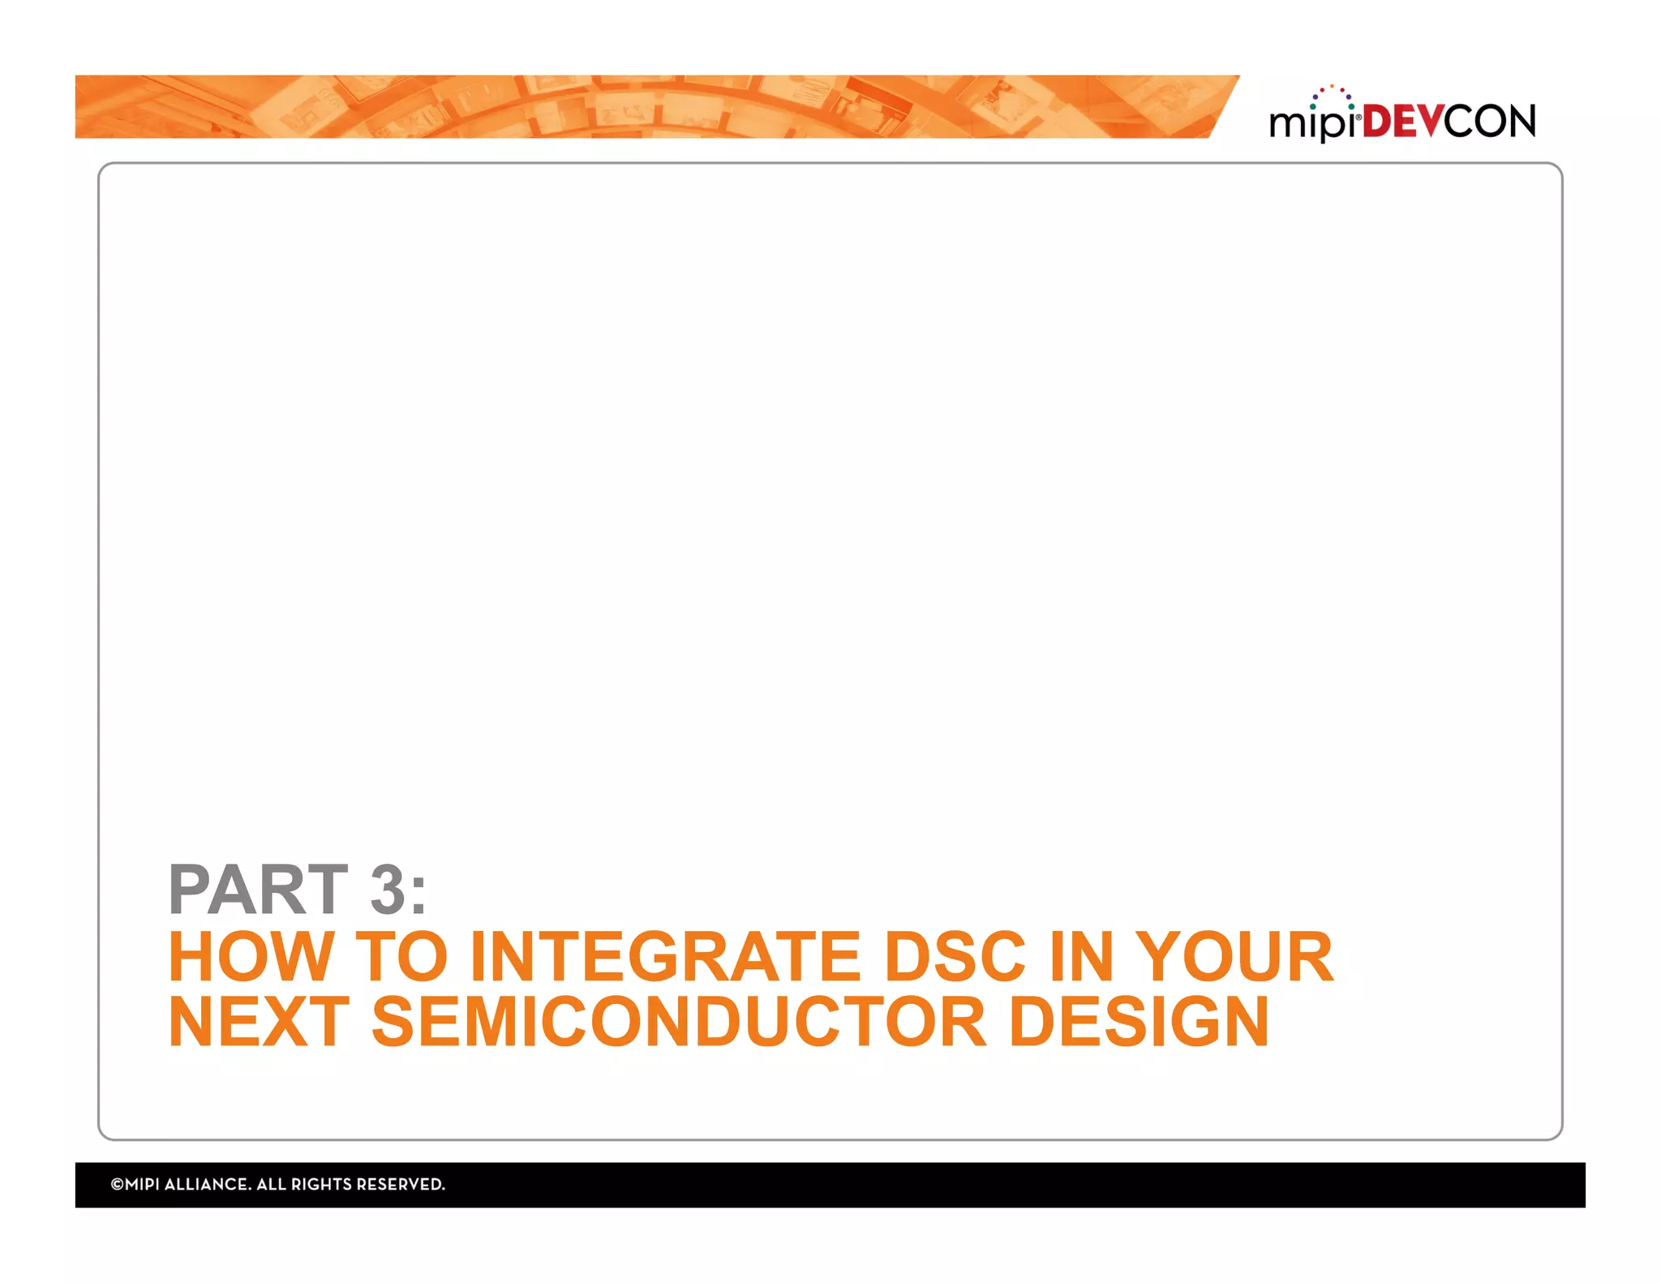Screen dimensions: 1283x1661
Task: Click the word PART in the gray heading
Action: (258, 890)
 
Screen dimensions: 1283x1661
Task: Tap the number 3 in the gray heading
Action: (387, 890)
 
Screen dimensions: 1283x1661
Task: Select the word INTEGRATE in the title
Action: (665, 957)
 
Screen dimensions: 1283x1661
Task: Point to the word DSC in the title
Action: (955, 957)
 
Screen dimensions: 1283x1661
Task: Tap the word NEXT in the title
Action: (258, 1023)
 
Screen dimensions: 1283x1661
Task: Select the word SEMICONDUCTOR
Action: (679, 1023)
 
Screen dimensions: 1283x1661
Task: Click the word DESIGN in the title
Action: (1139, 1023)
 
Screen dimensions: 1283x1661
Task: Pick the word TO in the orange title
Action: (401, 957)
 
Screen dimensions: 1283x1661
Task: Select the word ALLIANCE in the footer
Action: (207, 1184)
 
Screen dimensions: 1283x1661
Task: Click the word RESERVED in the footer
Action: (401, 1184)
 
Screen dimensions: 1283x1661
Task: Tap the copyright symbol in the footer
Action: (117, 1184)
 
